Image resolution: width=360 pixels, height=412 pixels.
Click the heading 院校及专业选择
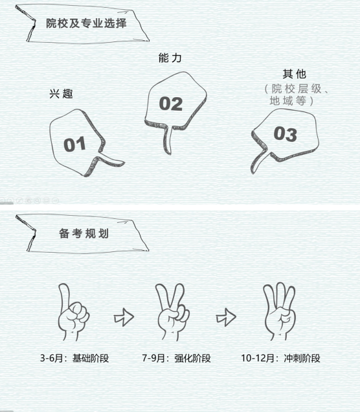tap(86, 23)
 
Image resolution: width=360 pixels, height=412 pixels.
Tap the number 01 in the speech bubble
tap(75, 144)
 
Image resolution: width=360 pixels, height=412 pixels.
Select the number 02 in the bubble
tap(171, 104)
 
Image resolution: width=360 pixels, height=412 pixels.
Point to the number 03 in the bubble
tap(286, 134)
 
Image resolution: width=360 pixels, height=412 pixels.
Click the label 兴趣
tap(61, 94)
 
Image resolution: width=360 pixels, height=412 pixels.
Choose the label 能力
tap(170, 58)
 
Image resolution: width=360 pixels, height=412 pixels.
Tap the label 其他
tap(295, 74)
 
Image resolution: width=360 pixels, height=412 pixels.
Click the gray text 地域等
tap(287, 100)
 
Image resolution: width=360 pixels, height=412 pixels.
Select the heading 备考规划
tap(84, 234)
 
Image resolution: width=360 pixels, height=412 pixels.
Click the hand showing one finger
tap(73, 312)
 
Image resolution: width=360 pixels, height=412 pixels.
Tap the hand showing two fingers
tap(173, 312)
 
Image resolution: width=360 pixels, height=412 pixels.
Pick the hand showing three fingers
tap(280, 312)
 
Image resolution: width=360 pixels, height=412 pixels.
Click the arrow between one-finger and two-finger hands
tap(124, 317)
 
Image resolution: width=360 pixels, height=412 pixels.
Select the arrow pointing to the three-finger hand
tap(226, 317)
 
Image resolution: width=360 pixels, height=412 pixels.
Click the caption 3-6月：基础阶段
tap(74, 358)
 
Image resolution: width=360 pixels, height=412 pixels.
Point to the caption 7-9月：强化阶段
tap(177, 358)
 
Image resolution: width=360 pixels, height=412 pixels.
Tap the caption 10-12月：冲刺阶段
tap(281, 358)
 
